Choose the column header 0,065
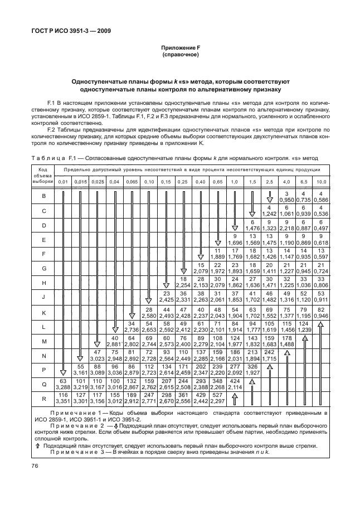click(132, 182)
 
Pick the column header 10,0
click(321, 182)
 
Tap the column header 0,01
click(64, 182)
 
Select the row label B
click(43, 196)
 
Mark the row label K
click(43, 313)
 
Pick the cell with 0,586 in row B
click(321, 200)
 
